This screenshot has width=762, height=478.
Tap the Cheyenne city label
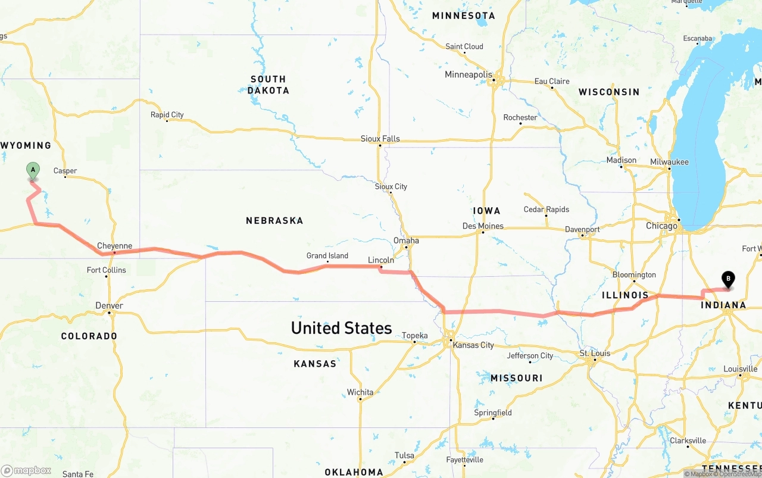114,246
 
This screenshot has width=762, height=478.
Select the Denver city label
110,305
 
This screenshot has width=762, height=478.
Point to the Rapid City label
167,115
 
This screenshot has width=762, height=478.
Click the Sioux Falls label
380,139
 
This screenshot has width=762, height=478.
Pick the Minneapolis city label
469,75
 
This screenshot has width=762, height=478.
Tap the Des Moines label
483,226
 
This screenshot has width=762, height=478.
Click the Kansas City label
473,345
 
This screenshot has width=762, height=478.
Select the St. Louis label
595,354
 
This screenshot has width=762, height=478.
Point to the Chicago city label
661,226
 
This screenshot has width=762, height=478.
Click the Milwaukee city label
669,162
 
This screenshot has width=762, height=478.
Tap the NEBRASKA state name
274,221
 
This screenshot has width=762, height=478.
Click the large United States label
341,328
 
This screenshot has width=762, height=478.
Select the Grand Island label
327,256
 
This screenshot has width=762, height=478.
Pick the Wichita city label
360,392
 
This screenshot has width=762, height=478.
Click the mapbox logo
26,471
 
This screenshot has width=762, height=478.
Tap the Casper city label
65,171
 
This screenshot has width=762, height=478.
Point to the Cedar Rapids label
546,210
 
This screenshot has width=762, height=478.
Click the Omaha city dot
406,247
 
